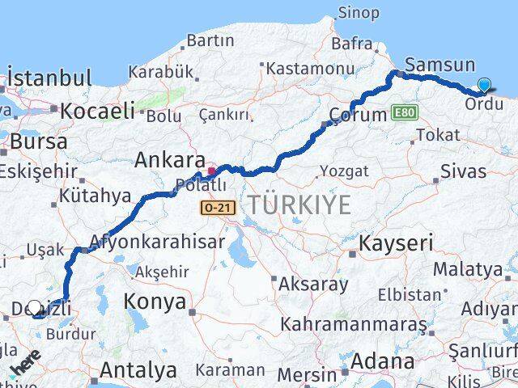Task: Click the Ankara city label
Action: click(170, 160)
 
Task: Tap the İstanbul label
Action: click(49, 79)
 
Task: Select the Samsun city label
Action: click(440, 65)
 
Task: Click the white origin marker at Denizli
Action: click(35, 308)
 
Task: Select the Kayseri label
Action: click(396, 242)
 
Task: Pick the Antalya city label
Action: click(138, 370)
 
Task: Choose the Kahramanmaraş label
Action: click(353, 324)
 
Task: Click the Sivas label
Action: click(464, 171)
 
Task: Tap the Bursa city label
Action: click(39, 141)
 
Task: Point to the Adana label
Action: click(384, 361)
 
